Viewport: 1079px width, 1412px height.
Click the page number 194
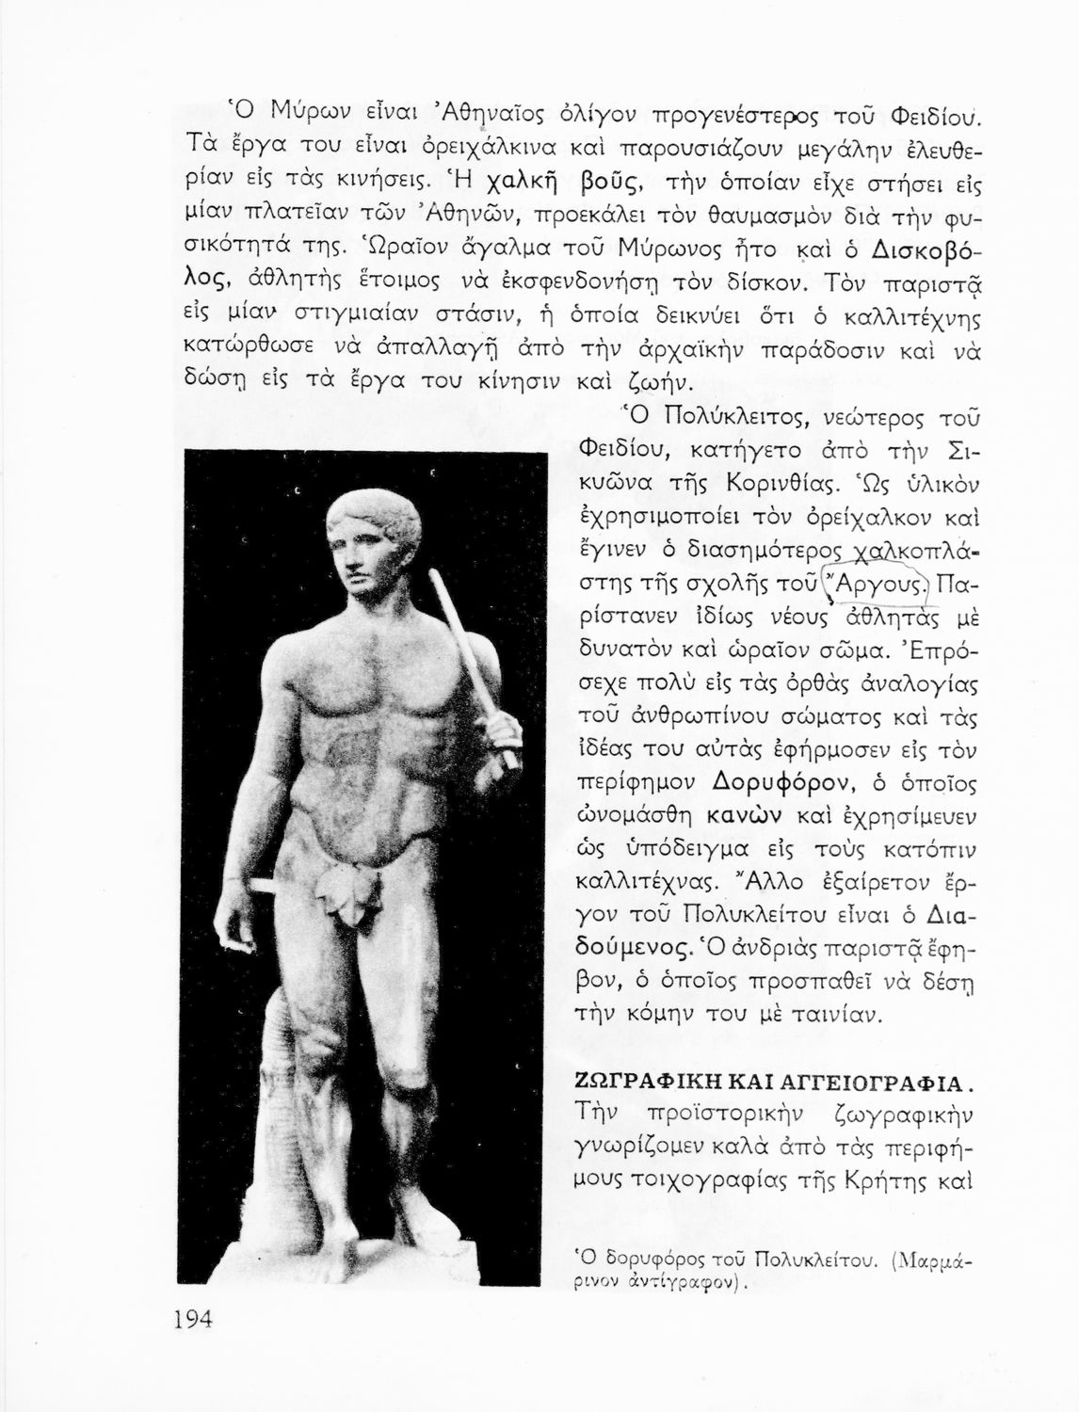(194, 1318)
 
